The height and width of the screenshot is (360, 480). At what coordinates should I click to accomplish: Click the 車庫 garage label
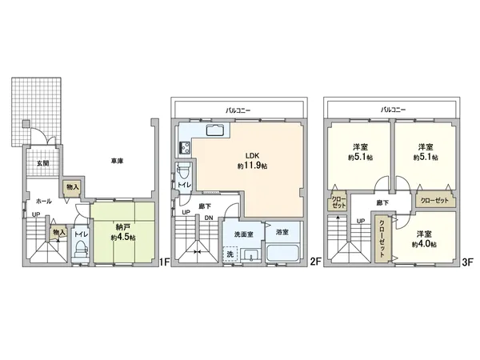click(117, 162)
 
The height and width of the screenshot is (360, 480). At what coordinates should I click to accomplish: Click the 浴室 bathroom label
click(282, 232)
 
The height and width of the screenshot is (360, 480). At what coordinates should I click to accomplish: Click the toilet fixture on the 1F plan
click(79, 249)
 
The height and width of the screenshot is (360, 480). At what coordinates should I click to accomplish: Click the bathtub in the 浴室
click(281, 254)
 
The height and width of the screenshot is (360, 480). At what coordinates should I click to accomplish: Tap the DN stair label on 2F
click(207, 218)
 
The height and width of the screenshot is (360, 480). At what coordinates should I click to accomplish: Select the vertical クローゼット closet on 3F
click(381, 237)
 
